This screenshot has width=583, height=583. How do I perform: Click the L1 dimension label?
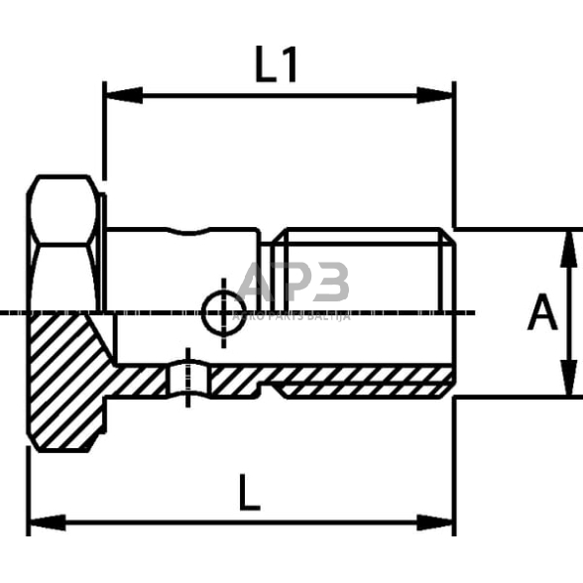tap(277, 65)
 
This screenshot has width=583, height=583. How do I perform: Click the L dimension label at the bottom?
tap(249, 493)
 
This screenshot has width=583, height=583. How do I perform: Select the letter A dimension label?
tap(542, 313)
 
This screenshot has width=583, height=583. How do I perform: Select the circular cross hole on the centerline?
tap(223, 313)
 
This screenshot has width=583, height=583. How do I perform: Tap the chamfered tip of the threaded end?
tap(448, 270)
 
